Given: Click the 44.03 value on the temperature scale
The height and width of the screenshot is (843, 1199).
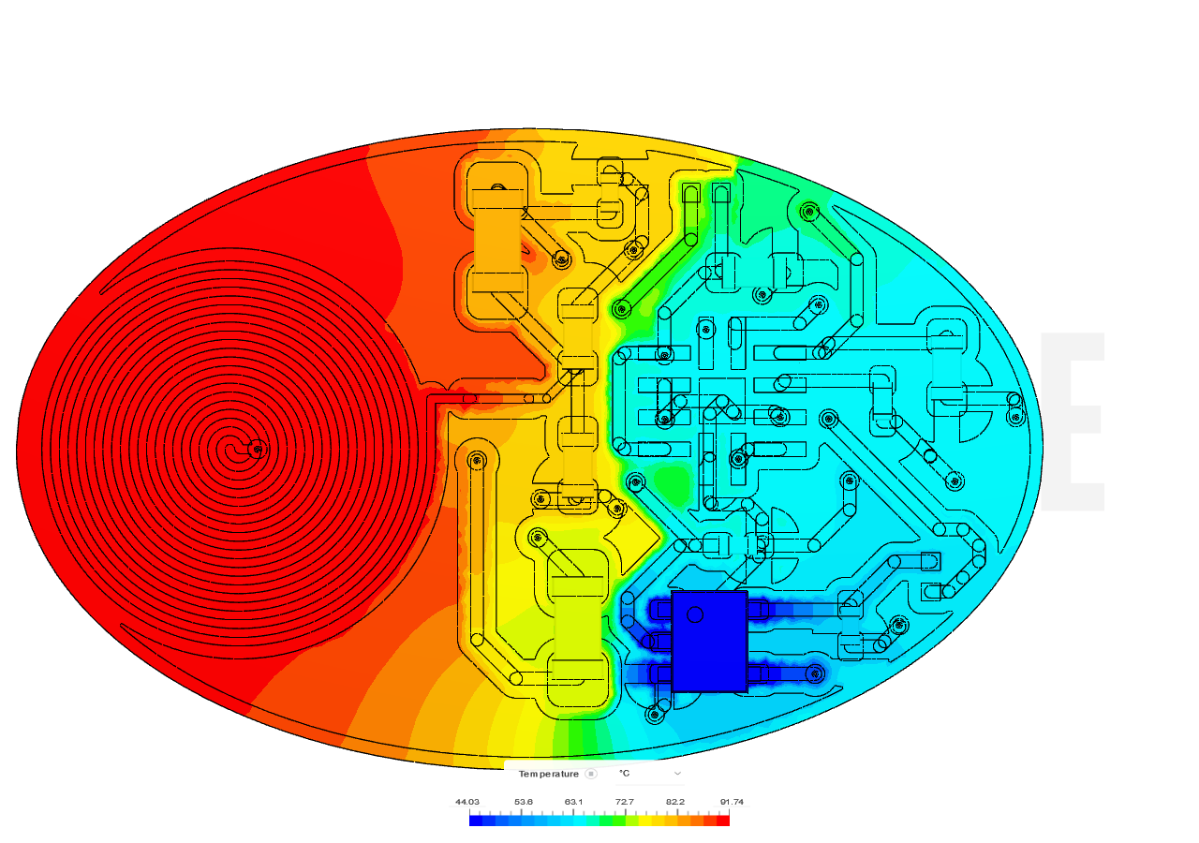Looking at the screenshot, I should pos(466,802).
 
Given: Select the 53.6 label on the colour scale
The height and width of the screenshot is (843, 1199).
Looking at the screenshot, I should pos(524,802).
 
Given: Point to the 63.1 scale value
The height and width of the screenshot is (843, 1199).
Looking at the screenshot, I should pos(573,802).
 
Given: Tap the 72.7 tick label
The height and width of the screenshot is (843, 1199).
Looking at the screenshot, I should pos(625,802).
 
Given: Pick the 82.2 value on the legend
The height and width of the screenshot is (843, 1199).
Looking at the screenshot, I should pos(675,802).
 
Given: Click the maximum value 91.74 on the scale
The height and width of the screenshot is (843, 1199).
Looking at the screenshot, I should pos(732,802).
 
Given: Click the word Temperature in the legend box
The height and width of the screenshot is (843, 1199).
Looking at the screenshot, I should pos(548,774).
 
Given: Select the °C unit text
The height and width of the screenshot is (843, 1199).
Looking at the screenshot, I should pos(624,774).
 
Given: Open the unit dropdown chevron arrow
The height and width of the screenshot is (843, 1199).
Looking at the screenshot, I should pos(677,774).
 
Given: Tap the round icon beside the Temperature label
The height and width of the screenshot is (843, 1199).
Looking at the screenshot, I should pos(591,774).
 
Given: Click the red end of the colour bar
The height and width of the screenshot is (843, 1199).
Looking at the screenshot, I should pos(723,821).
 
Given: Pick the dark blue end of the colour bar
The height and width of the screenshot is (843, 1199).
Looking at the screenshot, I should pos(476,821).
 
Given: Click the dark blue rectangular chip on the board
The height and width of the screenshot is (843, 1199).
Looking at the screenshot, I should pos(709,642).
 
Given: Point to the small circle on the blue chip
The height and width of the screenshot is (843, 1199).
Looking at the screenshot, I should pos(695,614).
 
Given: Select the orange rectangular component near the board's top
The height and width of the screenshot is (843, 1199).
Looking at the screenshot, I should pos(497,241).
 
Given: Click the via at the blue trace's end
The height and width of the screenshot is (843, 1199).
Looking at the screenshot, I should pos(815,673).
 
